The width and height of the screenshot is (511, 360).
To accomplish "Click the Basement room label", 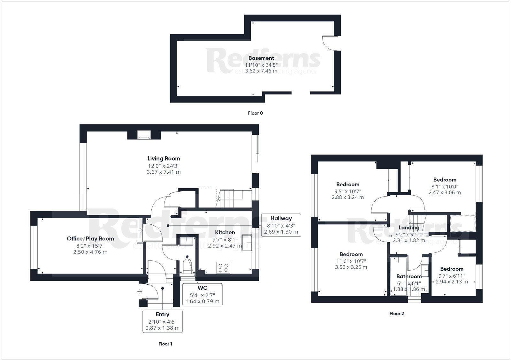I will (261, 58).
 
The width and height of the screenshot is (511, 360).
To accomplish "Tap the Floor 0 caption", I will (255, 113).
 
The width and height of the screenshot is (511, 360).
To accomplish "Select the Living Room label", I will (164, 159).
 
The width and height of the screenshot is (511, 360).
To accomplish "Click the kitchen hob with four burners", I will (223, 267).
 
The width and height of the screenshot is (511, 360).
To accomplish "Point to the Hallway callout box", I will (281, 225).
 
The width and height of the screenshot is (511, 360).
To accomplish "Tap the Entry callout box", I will (162, 321).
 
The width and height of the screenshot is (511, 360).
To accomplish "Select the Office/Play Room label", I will (90, 239).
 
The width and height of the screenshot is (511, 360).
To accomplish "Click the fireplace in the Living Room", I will (144, 135).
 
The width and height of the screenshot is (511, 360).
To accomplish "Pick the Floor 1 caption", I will (165, 344).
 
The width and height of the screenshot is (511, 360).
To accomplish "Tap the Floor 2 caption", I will (396, 314).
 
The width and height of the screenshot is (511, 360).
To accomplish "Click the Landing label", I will (409, 228).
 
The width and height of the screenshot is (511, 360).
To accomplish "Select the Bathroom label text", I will (409, 276).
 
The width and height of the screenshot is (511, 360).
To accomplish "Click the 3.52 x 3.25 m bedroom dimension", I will (351, 267).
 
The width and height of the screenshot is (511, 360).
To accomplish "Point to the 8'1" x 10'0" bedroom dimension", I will (445, 186).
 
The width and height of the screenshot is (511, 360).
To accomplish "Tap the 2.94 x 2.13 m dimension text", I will (452, 281).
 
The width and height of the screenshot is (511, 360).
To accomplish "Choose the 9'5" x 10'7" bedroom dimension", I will (347, 191).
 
